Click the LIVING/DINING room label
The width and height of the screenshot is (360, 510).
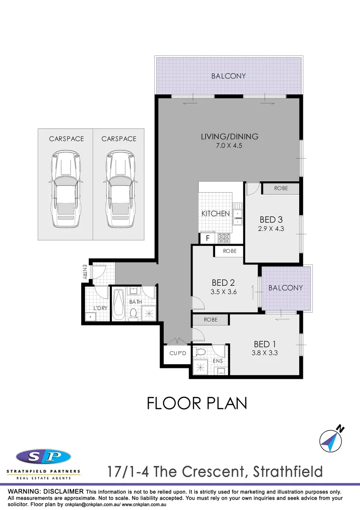pos(230,136)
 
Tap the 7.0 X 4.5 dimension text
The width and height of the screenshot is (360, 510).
pos(230,146)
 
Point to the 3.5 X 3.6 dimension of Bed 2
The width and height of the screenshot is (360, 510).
pos(223,292)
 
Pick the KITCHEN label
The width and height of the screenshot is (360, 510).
pos(216,213)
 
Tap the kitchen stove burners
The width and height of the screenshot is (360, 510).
pos(224,238)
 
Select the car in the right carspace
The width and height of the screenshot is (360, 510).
pos(119,189)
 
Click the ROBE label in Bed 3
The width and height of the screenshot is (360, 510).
pos(281,188)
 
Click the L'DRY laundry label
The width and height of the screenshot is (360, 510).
pos(100,308)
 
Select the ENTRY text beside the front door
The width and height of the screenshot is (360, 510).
pos(85,272)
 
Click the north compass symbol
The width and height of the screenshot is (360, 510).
pos(331,438)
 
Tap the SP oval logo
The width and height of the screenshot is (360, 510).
pos(43,457)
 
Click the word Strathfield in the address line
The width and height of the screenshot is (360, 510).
pos(288,471)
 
